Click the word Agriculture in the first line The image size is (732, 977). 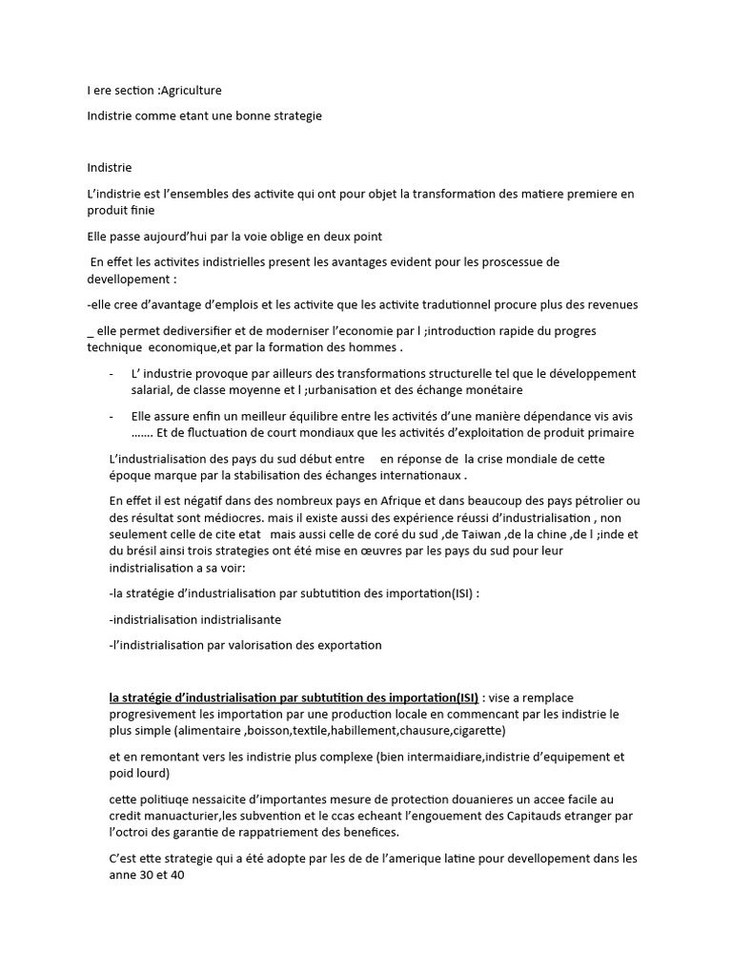[192, 91]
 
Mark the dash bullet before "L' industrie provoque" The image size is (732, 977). [113, 373]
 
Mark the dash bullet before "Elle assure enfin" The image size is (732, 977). [113, 417]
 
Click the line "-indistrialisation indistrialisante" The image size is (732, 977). [195, 619]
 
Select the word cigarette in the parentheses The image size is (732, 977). [474, 730]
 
